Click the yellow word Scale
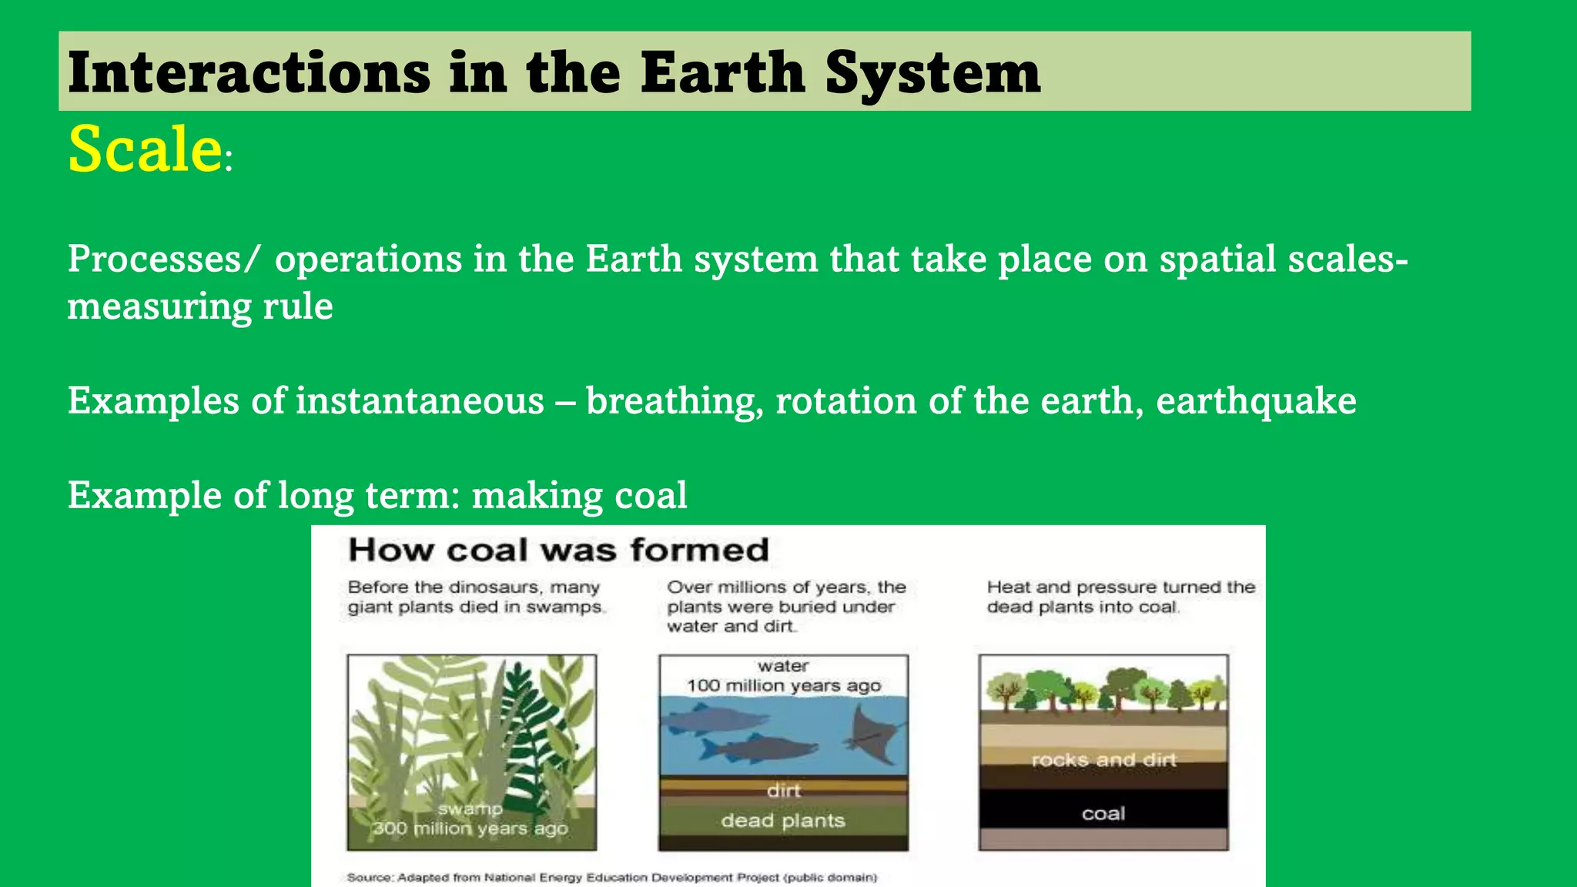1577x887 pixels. coord(145,148)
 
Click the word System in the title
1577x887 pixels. coord(932,73)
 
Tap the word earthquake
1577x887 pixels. coord(1256,401)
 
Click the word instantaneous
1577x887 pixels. coord(420,401)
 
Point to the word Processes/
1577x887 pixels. coord(164,259)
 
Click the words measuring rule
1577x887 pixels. coord(200,306)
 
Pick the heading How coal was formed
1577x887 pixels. coord(558,551)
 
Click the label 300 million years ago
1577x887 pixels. coord(470,828)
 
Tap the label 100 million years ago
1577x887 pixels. coord(783,685)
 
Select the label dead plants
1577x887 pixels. coord(783,821)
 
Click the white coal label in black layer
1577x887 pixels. coord(1103,814)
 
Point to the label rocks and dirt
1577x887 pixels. coord(1103,760)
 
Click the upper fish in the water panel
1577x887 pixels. coord(716,720)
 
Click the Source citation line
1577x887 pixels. coord(611,877)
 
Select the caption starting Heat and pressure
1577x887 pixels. coord(1120,597)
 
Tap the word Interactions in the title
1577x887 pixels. coord(249,73)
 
